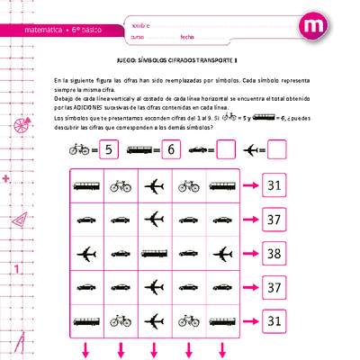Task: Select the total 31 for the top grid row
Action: pos(274,186)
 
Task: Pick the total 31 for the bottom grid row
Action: pos(274,320)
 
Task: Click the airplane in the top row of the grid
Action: pos(155,186)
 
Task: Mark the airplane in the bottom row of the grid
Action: pos(155,320)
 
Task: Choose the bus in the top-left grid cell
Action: pos(87,186)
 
